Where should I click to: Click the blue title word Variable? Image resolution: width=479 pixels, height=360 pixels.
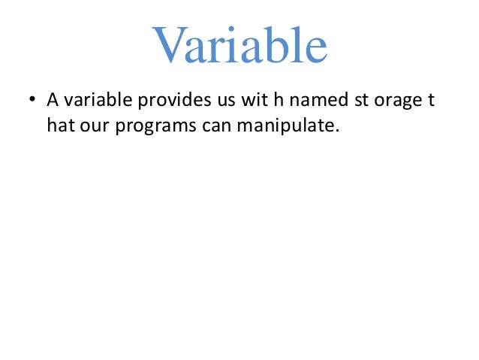point(239,47)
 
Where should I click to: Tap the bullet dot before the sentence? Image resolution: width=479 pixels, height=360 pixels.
point(32,101)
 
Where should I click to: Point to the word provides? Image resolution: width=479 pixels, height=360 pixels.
point(167,100)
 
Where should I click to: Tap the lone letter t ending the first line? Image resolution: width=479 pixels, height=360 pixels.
point(431,100)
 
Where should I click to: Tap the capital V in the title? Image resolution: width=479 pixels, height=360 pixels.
point(169,47)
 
